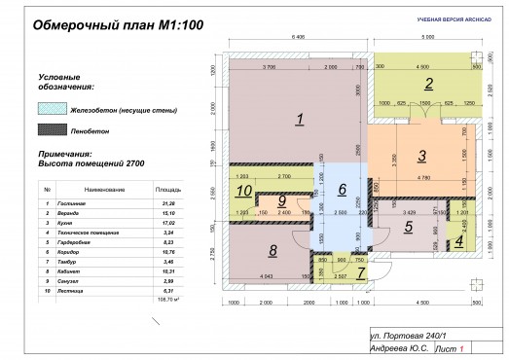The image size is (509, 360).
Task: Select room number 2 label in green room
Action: click(x=426, y=82)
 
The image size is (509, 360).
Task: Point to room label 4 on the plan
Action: click(x=410, y=227)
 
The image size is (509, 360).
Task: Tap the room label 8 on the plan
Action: click(x=280, y=200)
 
